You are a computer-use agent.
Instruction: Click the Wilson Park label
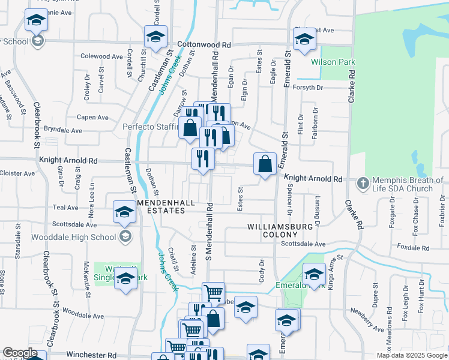333,62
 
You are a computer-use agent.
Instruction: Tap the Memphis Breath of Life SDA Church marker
362,182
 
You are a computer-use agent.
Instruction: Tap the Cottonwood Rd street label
204,45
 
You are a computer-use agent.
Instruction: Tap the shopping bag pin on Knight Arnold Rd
265,163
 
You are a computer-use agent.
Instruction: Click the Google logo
20,353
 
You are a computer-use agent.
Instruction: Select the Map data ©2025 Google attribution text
411,355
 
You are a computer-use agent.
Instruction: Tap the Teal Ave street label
66,208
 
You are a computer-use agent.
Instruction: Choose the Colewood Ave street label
101,56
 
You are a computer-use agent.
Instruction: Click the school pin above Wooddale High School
124,212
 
